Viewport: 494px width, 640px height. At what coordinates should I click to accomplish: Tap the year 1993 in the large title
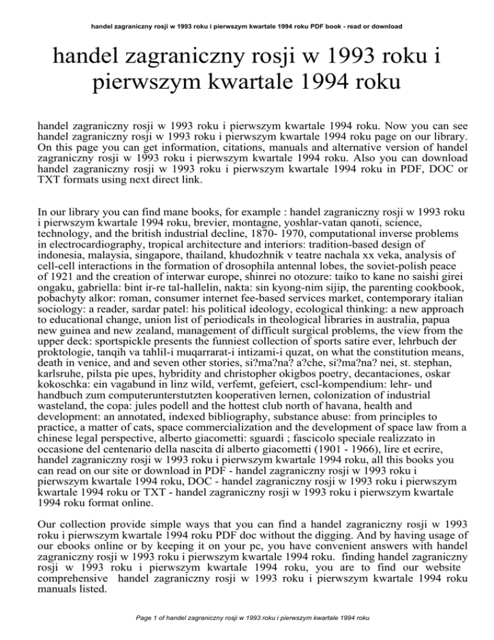(x=358, y=62)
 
